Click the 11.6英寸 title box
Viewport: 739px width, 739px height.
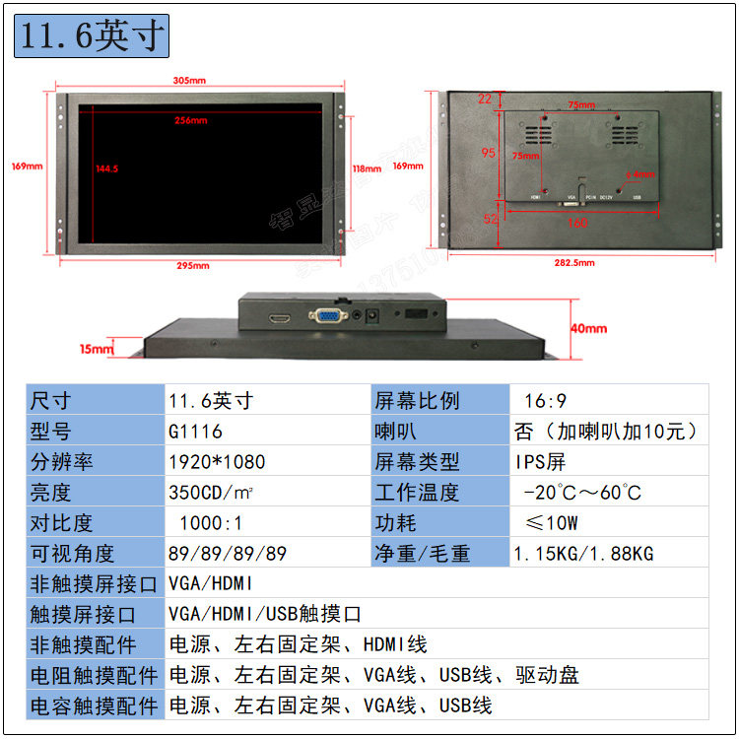(x=92, y=36)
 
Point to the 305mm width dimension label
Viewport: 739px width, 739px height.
(x=189, y=81)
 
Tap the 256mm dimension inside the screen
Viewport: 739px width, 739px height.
(x=190, y=120)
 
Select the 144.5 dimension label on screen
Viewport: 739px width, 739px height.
(x=106, y=168)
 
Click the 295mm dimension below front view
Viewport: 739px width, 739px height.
(x=193, y=265)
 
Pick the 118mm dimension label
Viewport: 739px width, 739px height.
(x=367, y=168)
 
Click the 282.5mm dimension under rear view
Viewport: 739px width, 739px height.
(x=575, y=263)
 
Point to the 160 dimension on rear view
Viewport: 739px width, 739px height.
(x=577, y=223)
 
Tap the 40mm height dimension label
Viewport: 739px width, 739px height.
(x=588, y=328)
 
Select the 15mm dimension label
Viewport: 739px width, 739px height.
(x=97, y=348)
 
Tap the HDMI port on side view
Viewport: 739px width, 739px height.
(x=280, y=318)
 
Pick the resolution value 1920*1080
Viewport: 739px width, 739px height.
(x=217, y=462)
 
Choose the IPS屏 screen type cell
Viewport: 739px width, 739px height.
(x=540, y=462)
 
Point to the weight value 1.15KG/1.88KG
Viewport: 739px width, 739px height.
(x=583, y=554)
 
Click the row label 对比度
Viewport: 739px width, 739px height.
(x=65, y=523)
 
